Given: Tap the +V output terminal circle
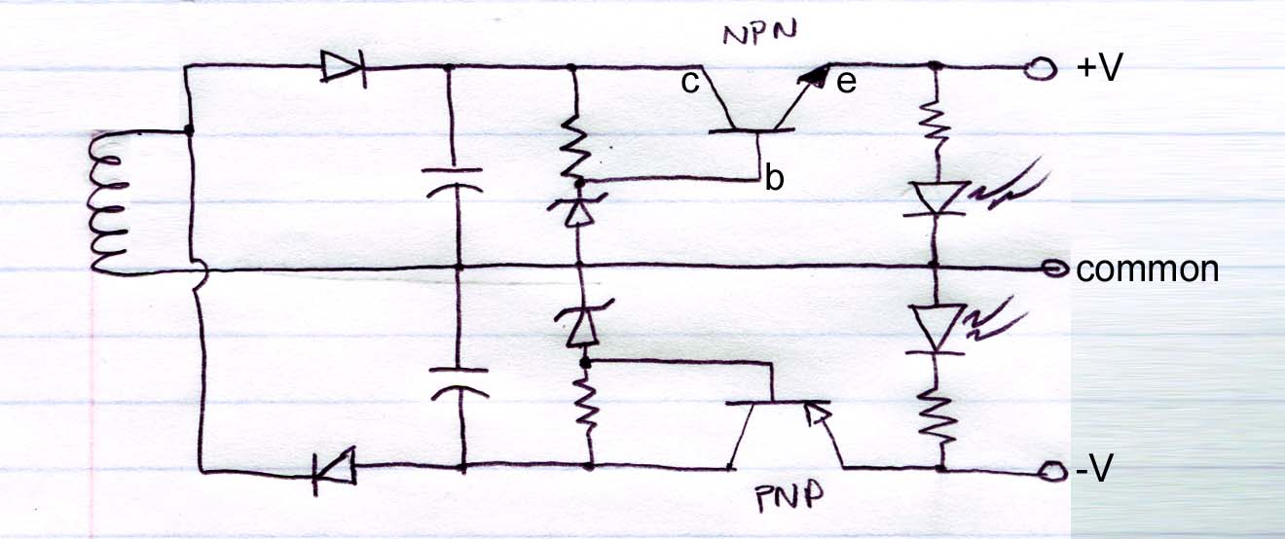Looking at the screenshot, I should [1046, 68].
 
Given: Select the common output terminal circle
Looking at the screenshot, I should [1053, 269].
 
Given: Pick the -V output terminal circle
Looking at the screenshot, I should [1049, 472].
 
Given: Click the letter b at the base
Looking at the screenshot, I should [774, 179].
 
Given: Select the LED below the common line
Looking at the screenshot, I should [936, 329].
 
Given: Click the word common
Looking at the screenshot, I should [1147, 269].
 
